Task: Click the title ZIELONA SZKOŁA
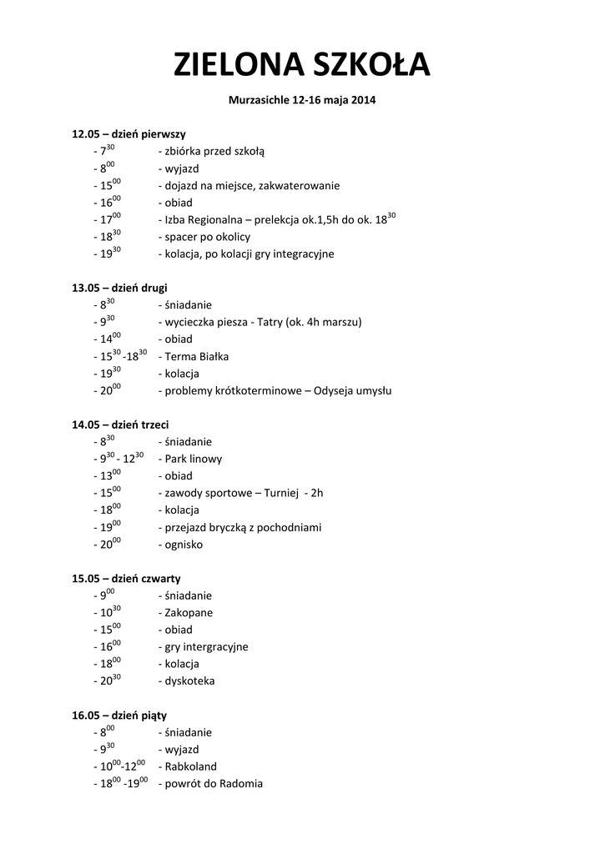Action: [x=302, y=65]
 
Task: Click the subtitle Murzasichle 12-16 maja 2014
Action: [x=302, y=101]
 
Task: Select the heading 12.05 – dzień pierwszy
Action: [x=129, y=133]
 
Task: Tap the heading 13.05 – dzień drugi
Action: [x=119, y=288]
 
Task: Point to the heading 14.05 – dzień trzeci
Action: [x=120, y=424]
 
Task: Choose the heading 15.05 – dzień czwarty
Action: [x=126, y=578]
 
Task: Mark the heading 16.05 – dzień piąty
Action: [x=119, y=715]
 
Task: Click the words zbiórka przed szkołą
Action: [x=214, y=152]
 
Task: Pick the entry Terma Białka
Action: [x=197, y=356]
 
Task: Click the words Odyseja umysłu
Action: [x=353, y=390]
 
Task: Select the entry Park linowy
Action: [x=194, y=459]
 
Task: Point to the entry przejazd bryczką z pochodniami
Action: [x=243, y=527]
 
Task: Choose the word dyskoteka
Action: [x=189, y=681]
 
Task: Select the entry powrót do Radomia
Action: [x=214, y=783]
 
